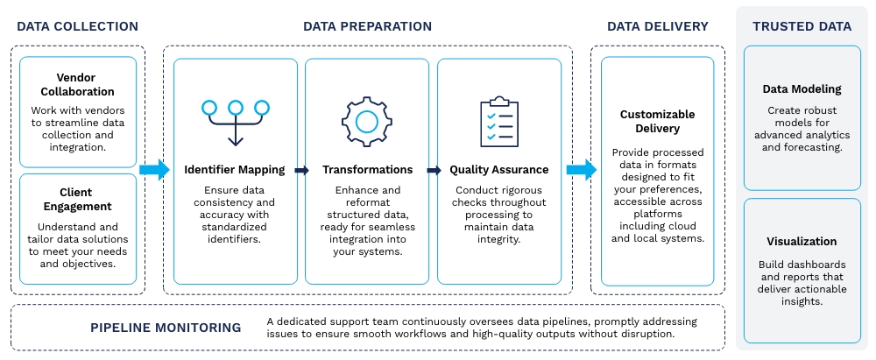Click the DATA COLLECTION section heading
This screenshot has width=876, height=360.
(77, 26)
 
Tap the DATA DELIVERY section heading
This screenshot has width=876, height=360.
(658, 26)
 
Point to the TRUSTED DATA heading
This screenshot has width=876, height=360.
(802, 26)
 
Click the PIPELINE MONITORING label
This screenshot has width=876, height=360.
(166, 328)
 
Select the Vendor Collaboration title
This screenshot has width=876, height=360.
(78, 84)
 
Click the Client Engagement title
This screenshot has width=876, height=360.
(78, 200)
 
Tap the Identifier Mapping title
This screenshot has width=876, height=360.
(235, 170)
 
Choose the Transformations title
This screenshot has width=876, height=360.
(367, 170)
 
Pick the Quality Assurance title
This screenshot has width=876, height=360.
(498, 170)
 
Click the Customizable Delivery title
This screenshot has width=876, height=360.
(657, 122)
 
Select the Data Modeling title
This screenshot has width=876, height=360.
(802, 89)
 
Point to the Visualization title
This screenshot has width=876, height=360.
(802, 242)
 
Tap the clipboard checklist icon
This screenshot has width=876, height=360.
(498, 121)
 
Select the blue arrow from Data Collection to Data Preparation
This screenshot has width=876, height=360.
(153, 170)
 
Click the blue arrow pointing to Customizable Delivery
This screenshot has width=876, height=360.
(580, 170)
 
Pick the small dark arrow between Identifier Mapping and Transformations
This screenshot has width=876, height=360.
(301, 171)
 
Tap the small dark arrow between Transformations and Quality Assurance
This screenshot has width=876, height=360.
(433, 171)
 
